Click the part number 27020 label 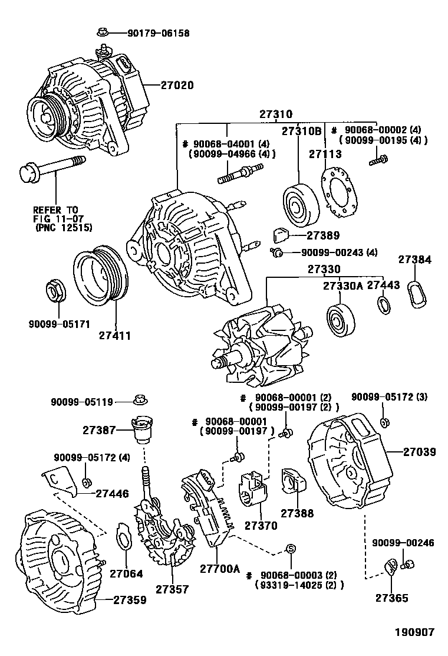[x=177, y=85]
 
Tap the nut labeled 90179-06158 [x=101, y=33]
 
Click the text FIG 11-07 [x=55, y=218]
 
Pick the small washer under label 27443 [x=384, y=305]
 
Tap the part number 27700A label [x=220, y=569]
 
